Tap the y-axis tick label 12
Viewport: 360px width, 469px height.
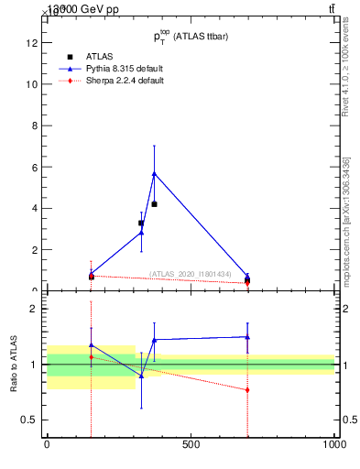pos(33,42)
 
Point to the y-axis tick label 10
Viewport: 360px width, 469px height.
pos(33,84)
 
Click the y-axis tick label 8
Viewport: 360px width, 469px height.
pos(35,125)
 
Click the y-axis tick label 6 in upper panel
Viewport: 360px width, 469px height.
pos(35,167)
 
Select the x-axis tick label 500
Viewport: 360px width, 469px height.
pos(191,445)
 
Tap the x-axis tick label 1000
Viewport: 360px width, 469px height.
pos(333,445)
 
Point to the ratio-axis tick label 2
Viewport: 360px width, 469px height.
pos(34,309)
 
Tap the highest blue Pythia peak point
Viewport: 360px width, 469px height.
pos(154,173)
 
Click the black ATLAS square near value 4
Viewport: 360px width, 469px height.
pos(154,203)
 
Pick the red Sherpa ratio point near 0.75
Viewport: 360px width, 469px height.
pos(247,390)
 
